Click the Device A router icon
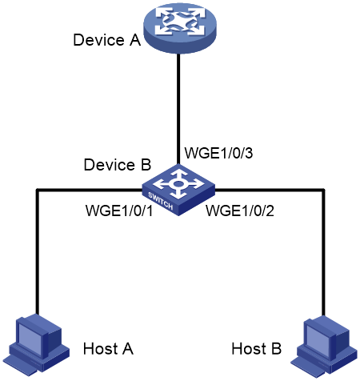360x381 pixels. point(180,27)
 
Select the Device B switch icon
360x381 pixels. point(178,190)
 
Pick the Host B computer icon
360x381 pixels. point(324,347)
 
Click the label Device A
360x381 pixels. point(107,40)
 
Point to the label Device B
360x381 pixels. point(118,164)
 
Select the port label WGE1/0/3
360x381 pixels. point(218,153)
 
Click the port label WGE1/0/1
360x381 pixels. point(119,211)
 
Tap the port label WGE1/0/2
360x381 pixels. point(240,211)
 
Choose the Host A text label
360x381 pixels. point(108,348)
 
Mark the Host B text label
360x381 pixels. point(257,348)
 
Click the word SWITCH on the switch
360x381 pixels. point(161,201)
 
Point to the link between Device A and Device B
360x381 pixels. point(178,109)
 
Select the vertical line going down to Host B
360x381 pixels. point(323,253)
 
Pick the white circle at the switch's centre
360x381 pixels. point(178,184)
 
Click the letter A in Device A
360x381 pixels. point(135,40)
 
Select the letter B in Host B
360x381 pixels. point(277,348)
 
